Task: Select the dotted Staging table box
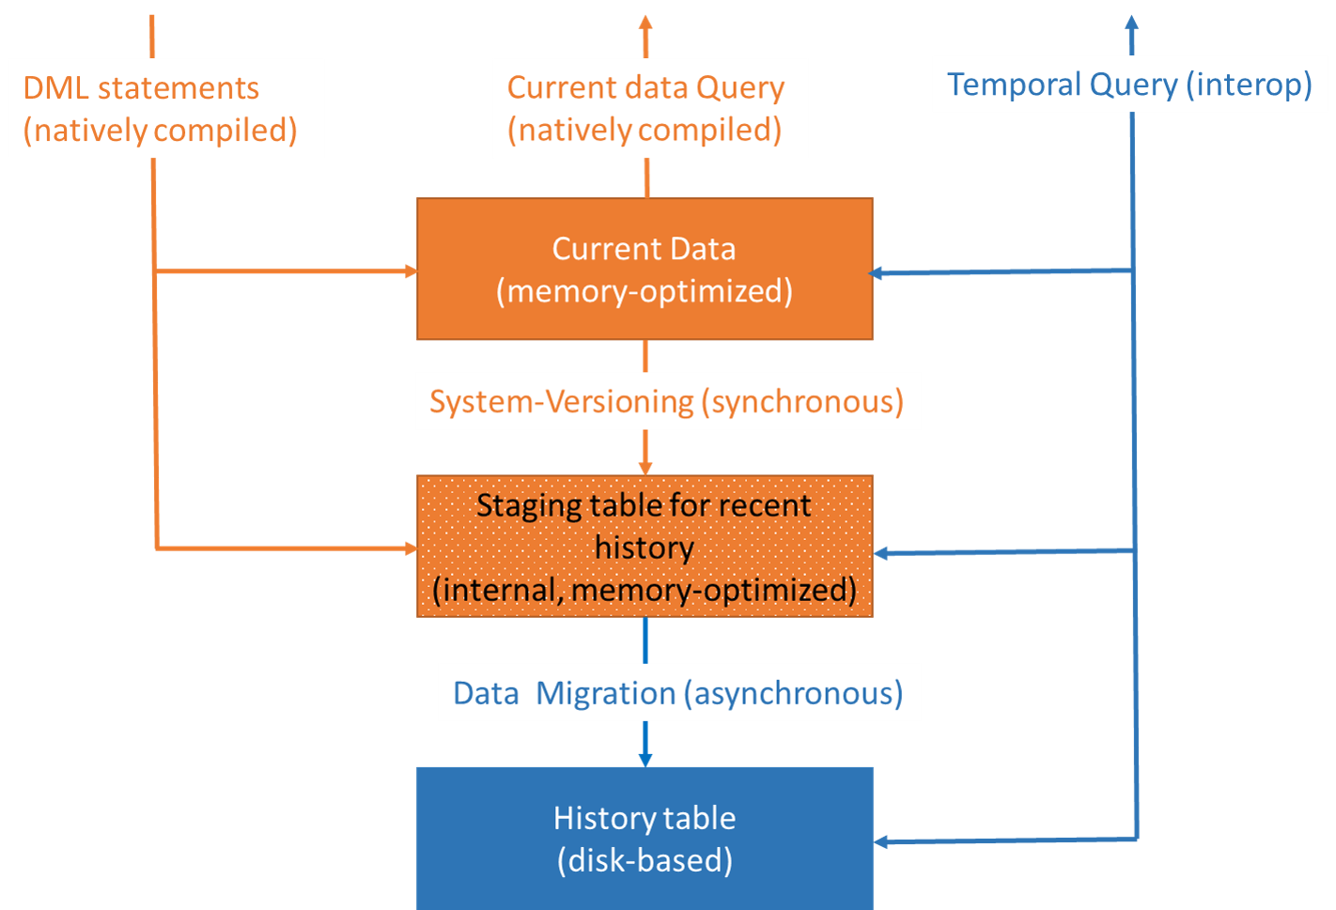[x=645, y=547]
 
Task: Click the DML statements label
[x=165, y=108]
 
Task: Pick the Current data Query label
[x=649, y=108]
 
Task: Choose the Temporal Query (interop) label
[x=1129, y=85]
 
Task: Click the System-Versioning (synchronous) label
[x=667, y=402]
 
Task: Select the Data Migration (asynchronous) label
[x=678, y=693]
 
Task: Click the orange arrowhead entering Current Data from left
[x=411, y=271]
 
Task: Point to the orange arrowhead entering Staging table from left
[x=411, y=548]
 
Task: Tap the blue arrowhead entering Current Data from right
[x=878, y=273]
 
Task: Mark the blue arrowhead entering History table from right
[x=880, y=841]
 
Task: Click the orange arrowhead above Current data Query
[x=645, y=23]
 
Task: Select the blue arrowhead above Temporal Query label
[x=1131, y=23]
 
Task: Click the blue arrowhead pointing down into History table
[x=645, y=759]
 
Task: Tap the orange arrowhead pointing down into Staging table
[x=645, y=468]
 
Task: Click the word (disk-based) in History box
[x=645, y=860]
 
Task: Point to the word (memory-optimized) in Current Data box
[x=645, y=291]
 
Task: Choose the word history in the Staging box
[x=645, y=548]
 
